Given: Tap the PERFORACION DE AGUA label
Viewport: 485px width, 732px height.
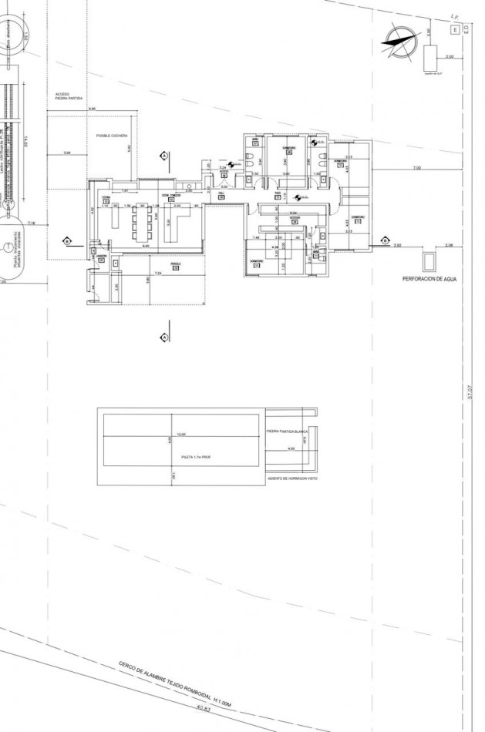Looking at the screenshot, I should tap(430, 281).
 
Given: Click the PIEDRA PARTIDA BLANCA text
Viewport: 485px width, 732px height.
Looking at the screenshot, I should tap(287, 431).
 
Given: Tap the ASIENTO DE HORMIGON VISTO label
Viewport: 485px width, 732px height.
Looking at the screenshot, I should tap(292, 478).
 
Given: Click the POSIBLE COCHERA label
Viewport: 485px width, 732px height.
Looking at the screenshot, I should tap(112, 135).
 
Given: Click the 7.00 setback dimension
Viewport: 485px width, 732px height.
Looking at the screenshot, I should tap(416, 167).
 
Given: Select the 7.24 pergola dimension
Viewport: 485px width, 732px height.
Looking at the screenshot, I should tap(157, 274).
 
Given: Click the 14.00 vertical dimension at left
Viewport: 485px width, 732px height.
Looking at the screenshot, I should tap(25, 143).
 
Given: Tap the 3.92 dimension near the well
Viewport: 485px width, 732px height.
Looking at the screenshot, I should tap(398, 245).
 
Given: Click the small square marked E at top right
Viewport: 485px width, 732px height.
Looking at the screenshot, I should tap(455, 29).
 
